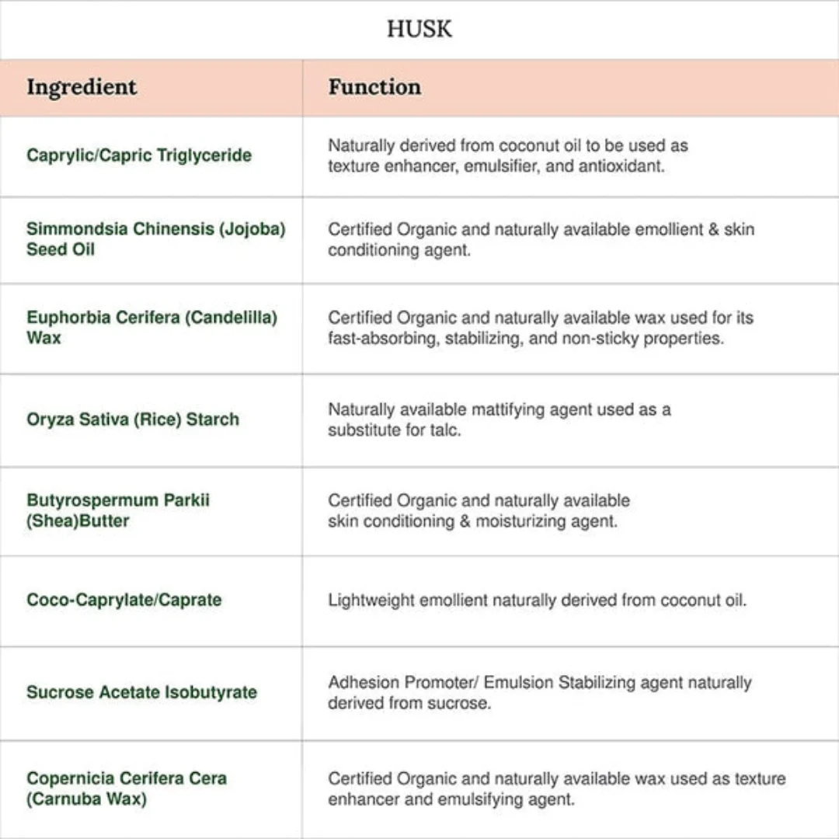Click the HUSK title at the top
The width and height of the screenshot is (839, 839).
(x=419, y=30)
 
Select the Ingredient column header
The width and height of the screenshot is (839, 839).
(x=82, y=87)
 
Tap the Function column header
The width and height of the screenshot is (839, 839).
(x=374, y=87)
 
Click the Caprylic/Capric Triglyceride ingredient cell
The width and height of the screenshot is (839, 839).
(x=139, y=155)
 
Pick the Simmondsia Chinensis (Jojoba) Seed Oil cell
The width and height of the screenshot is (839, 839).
(x=155, y=239)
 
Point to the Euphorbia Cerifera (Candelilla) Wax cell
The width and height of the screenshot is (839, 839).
(x=151, y=328)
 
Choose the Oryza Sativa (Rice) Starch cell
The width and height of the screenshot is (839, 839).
(x=133, y=419)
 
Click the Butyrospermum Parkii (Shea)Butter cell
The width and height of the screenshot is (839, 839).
(x=118, y=510)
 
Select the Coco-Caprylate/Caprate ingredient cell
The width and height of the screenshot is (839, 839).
(x=124, y=600)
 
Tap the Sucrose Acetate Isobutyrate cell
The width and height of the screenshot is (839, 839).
(x=141, y=692)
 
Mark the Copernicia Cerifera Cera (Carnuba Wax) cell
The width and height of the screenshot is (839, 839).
(x=127, y=788)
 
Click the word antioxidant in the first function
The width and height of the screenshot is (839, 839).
(x=621, y=166)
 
